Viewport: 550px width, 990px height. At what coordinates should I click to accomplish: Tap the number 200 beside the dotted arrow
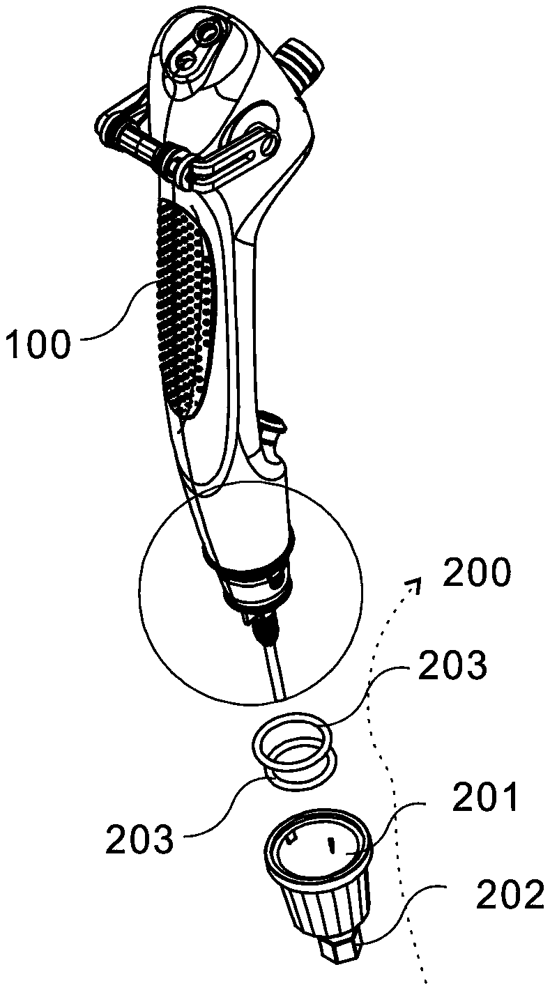pos(478,575)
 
